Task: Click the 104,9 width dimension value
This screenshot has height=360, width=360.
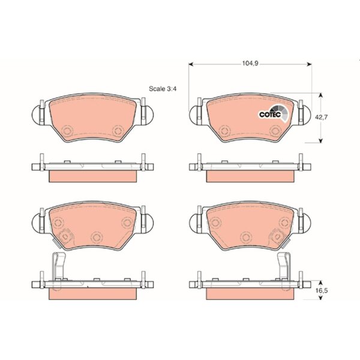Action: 250,64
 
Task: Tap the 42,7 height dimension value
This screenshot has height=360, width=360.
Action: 321,118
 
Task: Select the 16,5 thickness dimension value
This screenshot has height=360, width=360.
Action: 321,290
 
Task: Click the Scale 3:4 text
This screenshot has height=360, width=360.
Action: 163,89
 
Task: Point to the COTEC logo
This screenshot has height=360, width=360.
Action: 274,113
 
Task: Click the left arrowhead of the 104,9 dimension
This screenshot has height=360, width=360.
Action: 191,64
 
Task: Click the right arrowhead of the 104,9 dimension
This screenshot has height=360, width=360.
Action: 309,64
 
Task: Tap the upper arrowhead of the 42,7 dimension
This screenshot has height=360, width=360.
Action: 321,95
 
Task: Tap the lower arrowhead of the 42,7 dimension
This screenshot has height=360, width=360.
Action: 321,140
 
